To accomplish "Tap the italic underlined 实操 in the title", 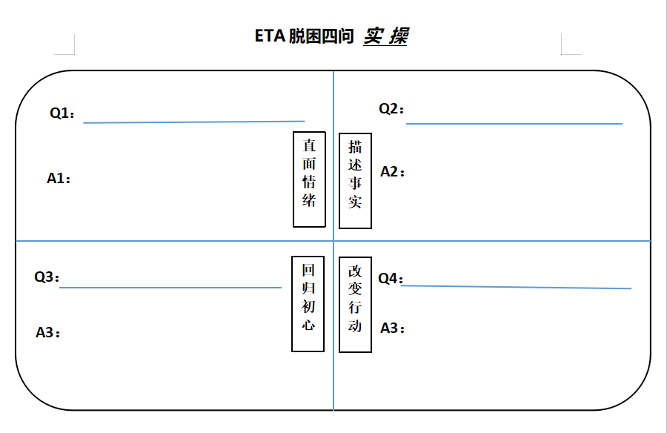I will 385,36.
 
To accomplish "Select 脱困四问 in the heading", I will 320,36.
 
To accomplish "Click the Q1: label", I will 62,113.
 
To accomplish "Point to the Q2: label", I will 392,109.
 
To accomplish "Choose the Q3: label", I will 47,277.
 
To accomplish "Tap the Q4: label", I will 391,279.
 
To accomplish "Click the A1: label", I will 59,178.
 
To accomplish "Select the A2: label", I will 393,172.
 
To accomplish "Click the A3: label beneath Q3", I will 48,333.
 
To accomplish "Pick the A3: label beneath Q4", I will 393,328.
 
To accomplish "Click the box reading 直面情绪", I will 309,179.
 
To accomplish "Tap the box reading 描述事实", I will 355,181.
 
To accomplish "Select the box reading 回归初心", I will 308,304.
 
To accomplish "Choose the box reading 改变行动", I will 355,304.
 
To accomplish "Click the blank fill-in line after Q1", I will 194,122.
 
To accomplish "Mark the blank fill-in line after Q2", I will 514,124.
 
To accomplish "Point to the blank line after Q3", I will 170,287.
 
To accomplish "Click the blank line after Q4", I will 517,287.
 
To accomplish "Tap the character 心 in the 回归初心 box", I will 308,325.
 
